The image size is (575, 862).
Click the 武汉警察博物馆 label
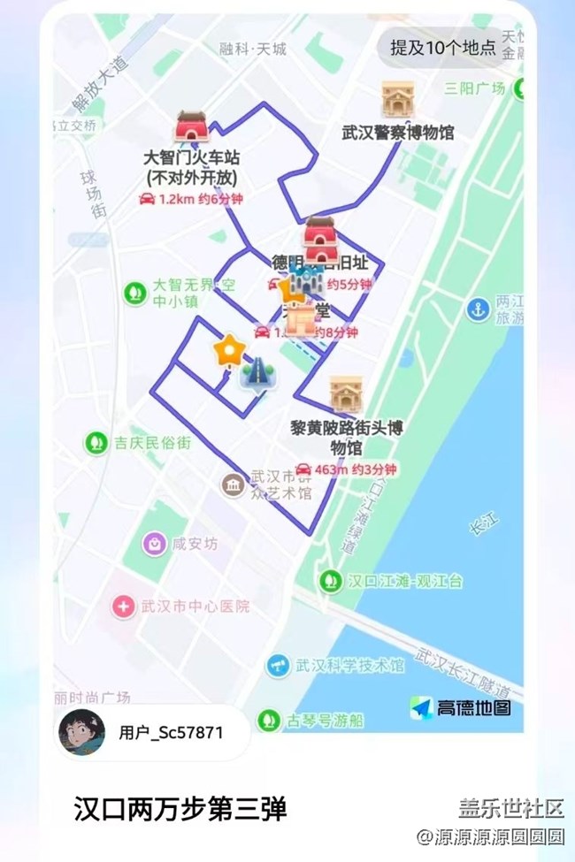398,133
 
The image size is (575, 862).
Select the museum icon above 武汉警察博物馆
397,100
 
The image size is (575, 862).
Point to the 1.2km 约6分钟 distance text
190,200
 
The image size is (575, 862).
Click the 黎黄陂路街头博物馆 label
347,437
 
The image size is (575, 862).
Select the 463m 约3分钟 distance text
346,469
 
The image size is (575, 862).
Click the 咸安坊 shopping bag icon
156,543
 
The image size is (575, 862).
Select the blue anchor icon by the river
479,310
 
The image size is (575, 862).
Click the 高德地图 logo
459,707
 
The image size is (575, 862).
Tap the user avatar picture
81,732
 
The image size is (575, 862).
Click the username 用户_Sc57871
171,733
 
